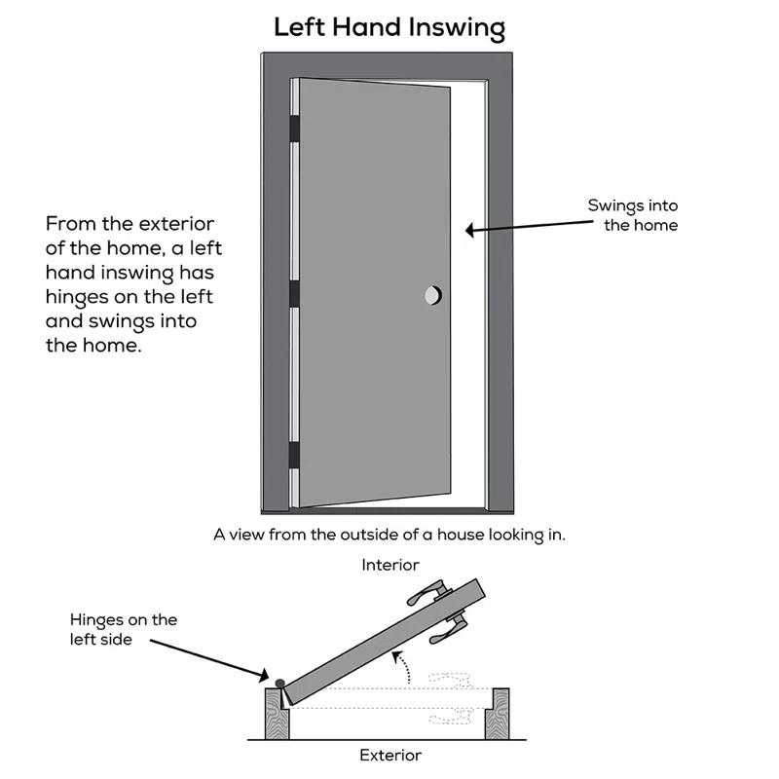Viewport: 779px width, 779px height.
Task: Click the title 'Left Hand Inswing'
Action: tap(389, 26)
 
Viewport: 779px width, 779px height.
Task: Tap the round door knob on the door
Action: tap(432, 294)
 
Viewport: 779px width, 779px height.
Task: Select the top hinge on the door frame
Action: tap(293, 128)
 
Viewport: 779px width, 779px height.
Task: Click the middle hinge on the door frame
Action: tap(293, 293)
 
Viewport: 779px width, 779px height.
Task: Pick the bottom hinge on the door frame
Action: tap(293, 454)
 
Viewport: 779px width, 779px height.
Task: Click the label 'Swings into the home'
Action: tap(632, 215)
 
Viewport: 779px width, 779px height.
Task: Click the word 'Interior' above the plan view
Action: tap(389, 565)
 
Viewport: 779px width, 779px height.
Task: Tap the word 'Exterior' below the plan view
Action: tap(389, 755)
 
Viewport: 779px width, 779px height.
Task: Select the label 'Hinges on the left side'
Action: tap(124, 628)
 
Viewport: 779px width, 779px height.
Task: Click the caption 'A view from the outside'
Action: tap(389, 535)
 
